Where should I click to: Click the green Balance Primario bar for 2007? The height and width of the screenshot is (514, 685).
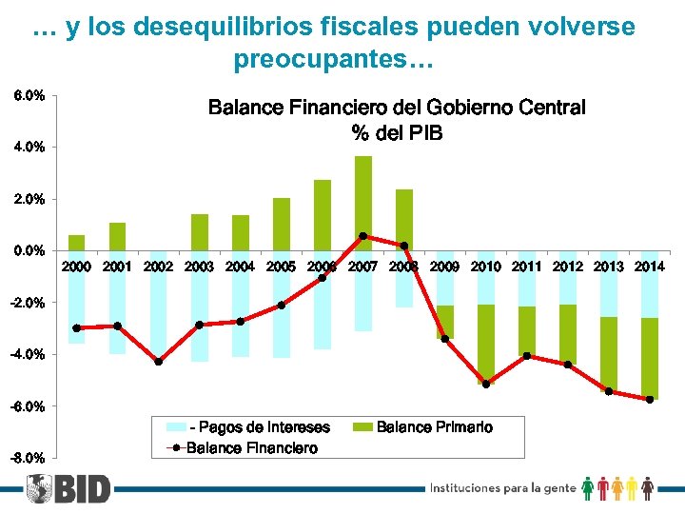(363, 203)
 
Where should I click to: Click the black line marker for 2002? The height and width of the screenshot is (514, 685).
(159, 362)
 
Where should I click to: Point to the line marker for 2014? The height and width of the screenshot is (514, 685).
(650, 400)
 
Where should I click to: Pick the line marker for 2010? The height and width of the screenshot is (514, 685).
(486, 385)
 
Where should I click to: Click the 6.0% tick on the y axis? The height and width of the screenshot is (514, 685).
(28, 96)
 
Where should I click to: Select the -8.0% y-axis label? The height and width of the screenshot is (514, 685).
(27, 459)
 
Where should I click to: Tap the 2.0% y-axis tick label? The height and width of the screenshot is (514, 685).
(28, 200)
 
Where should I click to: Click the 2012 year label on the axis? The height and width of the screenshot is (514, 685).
(568, 267)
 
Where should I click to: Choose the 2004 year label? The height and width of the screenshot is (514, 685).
(241, 267)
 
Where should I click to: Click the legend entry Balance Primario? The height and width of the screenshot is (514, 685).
(434, 427)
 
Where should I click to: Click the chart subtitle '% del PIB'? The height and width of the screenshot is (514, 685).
(397, 133)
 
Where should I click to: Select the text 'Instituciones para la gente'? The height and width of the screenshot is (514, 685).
(503, 488)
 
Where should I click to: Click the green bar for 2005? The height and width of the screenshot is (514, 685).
(282, 225)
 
